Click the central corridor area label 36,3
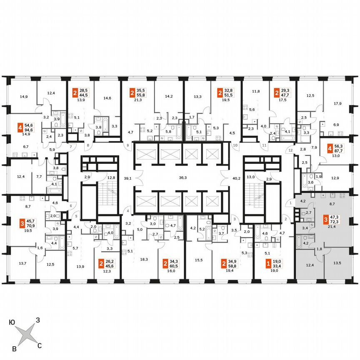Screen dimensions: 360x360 click(182, 177)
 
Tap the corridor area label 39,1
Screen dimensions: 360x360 click(128, 178)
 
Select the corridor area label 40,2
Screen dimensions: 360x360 click(237, 178)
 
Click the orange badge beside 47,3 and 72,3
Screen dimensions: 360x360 click(326, 219)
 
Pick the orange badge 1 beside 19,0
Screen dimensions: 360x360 click(268, 263)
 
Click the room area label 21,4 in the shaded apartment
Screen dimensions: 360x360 click(332, 227)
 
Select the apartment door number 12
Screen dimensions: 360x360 click(291, 150)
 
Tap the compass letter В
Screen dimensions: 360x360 click(15, 348)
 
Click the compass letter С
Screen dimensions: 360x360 click(40, 345)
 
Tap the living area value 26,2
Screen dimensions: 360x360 click(110, 263)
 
